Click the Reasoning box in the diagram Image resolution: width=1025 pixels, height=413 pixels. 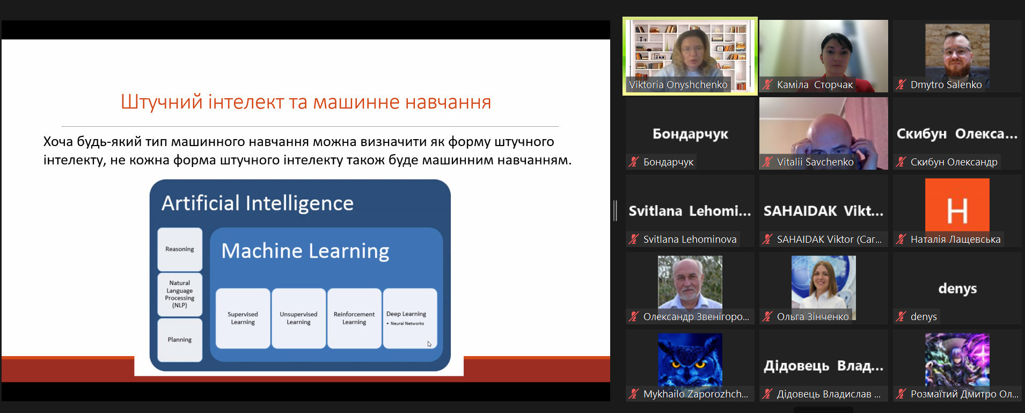tap(180, 249)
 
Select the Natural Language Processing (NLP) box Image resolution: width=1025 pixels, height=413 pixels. tap(180, 294)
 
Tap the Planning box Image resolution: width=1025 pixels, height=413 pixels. tap(180, 340)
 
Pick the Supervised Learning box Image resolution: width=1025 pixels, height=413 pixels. tap(243, 318)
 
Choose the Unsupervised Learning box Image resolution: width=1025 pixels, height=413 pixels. tap(298, 318)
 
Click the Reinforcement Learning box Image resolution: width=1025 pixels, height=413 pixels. tap(354, 318)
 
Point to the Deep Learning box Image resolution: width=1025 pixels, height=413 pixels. tap(410, 318)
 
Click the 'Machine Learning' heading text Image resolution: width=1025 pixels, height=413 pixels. tap(305, 251)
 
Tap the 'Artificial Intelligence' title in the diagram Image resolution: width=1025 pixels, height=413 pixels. tap(258, 203)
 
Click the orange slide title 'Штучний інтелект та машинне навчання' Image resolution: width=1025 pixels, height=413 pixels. tap(306, 102)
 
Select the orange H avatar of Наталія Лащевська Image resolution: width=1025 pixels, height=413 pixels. tap(957, 211)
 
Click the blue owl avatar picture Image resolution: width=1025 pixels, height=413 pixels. tap(690, 359)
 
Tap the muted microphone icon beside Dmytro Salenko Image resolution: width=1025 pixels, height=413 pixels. tap(901, 84)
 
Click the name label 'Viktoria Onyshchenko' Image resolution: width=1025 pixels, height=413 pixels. tap(678, 84)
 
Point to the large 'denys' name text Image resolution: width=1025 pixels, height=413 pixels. tap(957, 289)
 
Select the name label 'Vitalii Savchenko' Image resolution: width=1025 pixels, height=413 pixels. tap(815, 162)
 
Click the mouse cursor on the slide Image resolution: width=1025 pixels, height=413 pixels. tap(429, 344)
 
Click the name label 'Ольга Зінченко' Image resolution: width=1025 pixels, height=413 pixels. tap(813, 316)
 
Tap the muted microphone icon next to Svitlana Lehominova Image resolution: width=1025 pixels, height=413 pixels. tap(634, 239)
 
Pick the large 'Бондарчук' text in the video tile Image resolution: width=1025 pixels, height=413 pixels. tap(690, 134)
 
